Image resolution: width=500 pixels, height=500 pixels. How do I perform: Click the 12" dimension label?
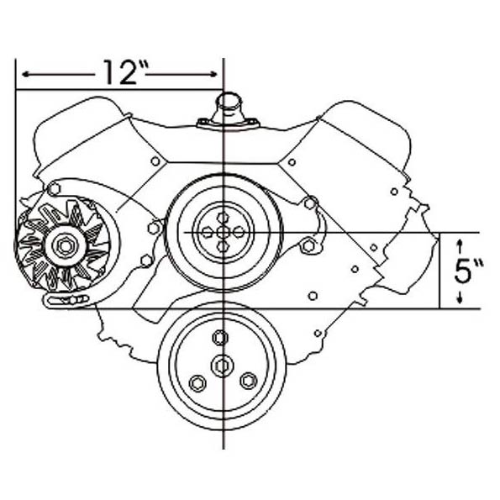[x=126, y=72]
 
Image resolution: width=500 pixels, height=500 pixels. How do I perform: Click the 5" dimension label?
[x=468, y=271]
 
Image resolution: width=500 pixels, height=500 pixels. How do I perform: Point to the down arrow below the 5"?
[x=460, y=297]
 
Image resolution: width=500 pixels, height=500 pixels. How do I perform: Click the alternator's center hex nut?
[x=65, y=245]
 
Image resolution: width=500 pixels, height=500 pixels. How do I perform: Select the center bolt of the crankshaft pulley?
[x=222, y=366]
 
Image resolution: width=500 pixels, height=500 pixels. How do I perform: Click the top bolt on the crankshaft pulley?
[x=220, y=338]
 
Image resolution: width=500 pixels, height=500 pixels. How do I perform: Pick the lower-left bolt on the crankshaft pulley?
[x=197, y=383]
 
